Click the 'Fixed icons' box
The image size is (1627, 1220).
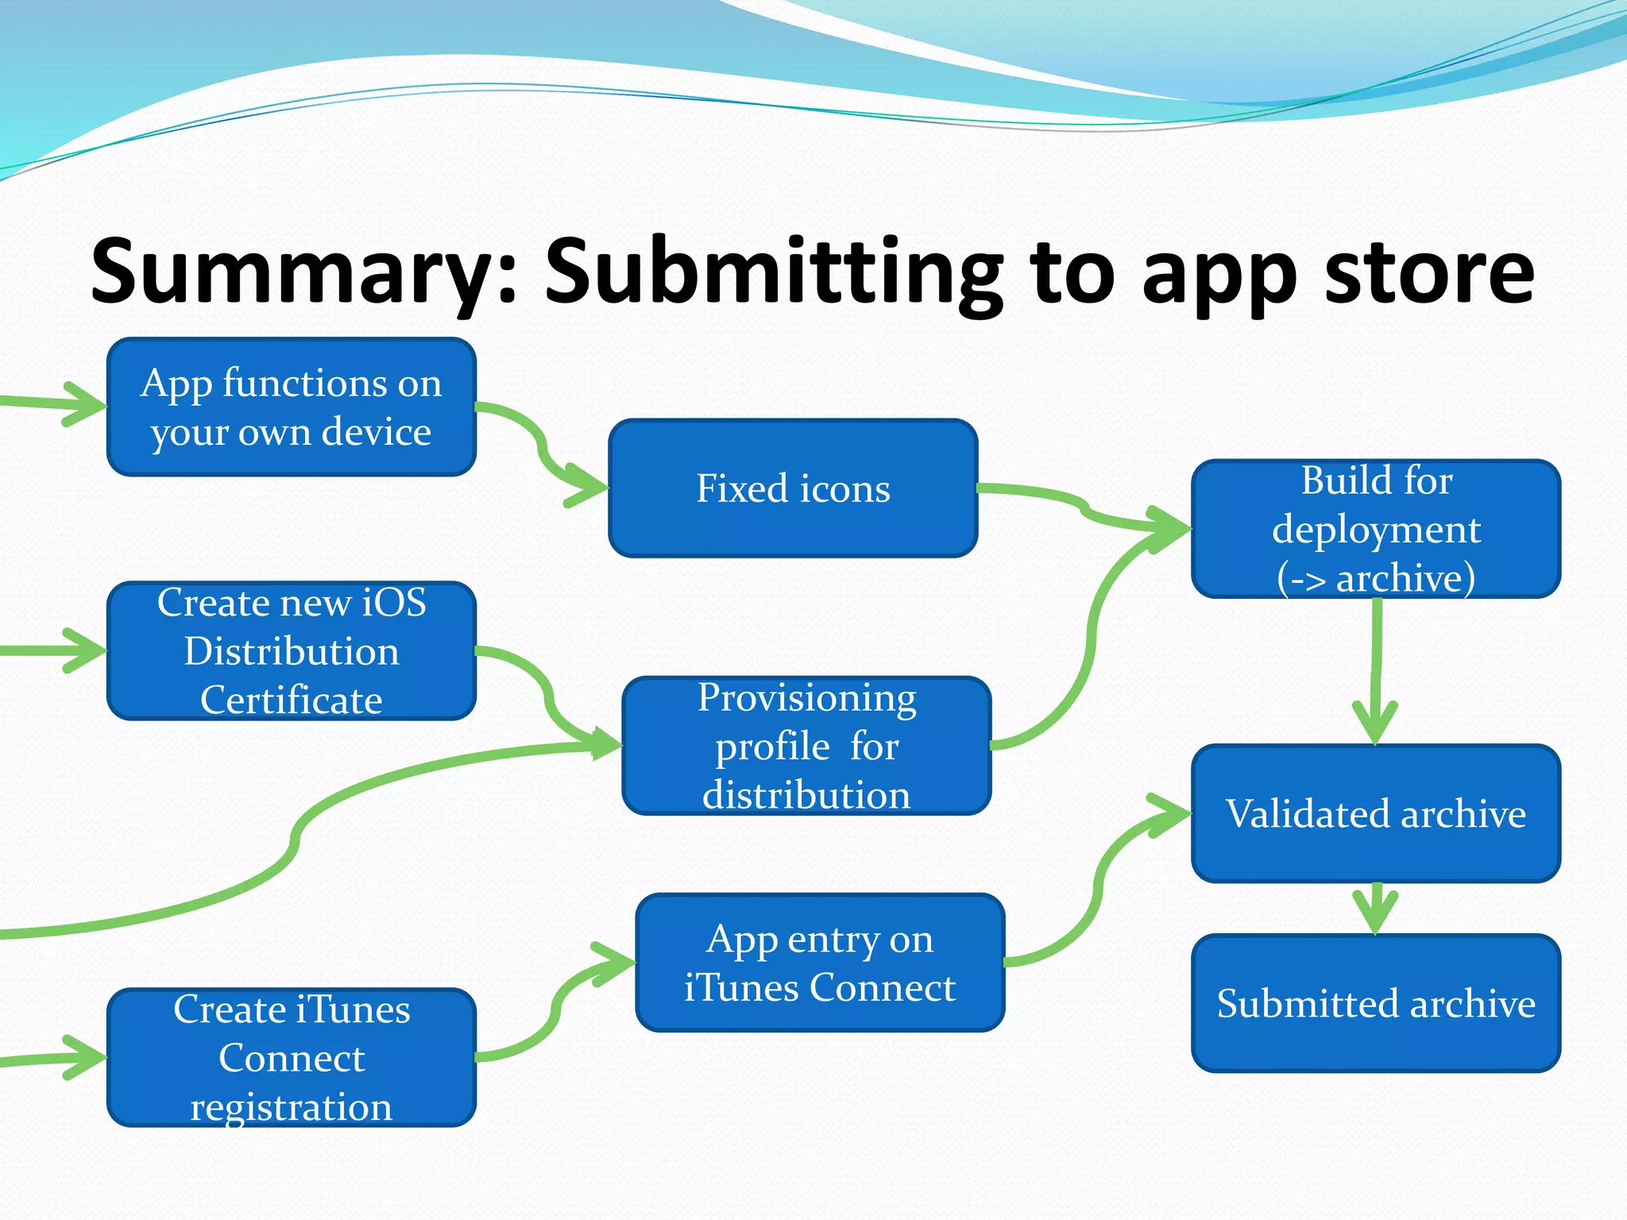[793, 488]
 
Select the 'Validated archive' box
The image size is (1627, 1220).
[1376, 813]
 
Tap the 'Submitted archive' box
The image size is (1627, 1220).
[1376, 1003]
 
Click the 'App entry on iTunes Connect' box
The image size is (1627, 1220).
[820, 963]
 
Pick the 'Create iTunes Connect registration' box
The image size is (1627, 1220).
[292, 1057]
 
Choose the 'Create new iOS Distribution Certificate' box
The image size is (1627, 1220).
[292, 651]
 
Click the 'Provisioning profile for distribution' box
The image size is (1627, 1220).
[806, 746]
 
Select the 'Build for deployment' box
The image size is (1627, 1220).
[1376, 528]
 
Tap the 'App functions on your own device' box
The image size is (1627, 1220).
[292, 407]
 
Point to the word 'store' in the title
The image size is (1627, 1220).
[1429, 272]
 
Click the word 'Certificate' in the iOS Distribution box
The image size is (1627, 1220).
[292, 700]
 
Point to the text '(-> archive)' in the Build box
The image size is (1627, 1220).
[1376, 577]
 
